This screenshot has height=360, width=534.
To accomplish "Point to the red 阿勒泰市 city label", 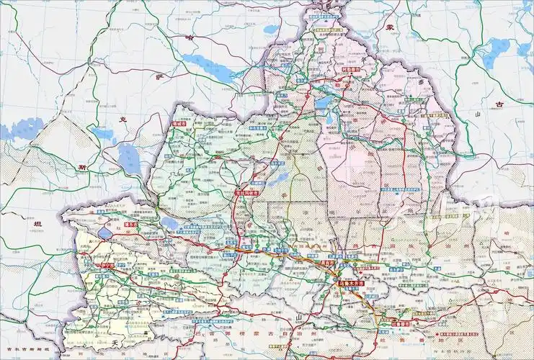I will click(352, 72).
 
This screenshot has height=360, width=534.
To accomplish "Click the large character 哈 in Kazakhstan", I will click(190, 38).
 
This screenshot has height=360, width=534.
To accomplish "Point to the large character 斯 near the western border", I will click(81, 167).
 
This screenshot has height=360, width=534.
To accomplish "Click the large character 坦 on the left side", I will click(37, 225).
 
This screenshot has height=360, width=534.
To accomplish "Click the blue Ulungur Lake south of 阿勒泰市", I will click(324, 103).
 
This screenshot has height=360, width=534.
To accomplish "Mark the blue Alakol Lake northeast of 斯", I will click(130, 158).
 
